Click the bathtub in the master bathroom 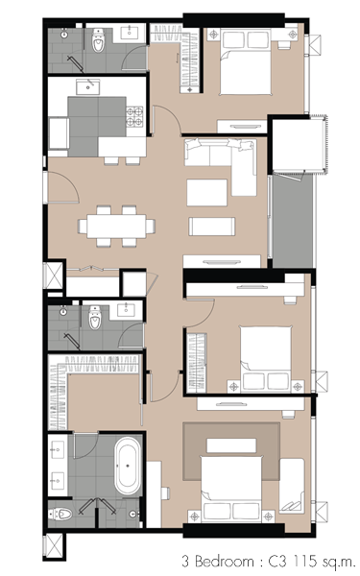tap(128, 466)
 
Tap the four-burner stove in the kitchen tap(134, 116)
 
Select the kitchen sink tap(87, 86)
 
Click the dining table tap(116, 226)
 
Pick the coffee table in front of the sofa tap(206, 193)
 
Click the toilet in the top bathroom tap(98, 40)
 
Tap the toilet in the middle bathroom tap(95, 318)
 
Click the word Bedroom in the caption tap(224, 561)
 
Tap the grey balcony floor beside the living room tap(293, 223)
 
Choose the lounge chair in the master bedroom tap(292, 486)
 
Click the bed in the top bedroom tap(246, 62)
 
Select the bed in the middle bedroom tap(266, 359)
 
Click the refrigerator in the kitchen tap(59, 133)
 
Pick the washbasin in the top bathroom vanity tap(130, 32)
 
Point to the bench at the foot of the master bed tap(231, 445)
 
